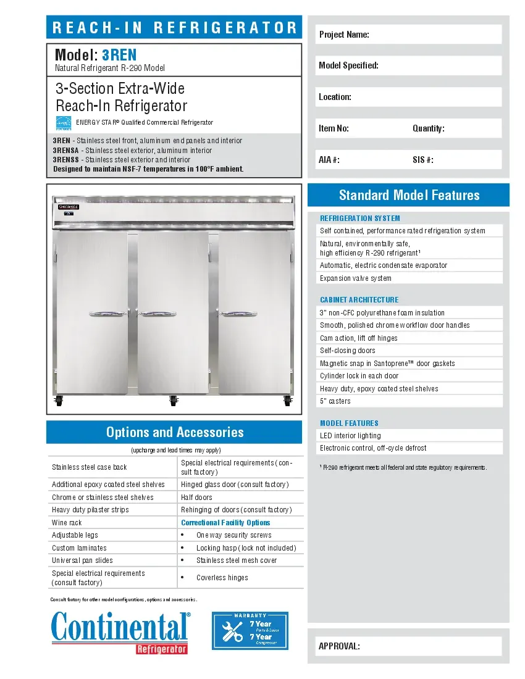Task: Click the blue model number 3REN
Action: pos(119,55)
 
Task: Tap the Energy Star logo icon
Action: pos(64,123)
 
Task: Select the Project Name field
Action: pos(408,35)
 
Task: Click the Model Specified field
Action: pos(408,65)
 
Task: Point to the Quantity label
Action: pos(428,128)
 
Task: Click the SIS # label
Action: pos(422,160)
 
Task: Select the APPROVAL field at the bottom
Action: pos(408,646)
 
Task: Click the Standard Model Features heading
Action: pos(409,196)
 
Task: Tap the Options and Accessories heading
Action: pos(175,432)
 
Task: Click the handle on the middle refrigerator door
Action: pos(154,313)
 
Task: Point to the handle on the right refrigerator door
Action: pos(239,313)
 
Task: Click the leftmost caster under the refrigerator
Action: pos(59,401)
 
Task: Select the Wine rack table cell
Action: pos(112,523)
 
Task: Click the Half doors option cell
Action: pos(241,498)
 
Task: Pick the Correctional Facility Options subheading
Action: pos(225,523)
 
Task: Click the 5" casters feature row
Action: pos(408,401)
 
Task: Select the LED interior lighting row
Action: pos(408,436)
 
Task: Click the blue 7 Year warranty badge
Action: pos(250,631)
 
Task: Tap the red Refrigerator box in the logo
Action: pos(161,649)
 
